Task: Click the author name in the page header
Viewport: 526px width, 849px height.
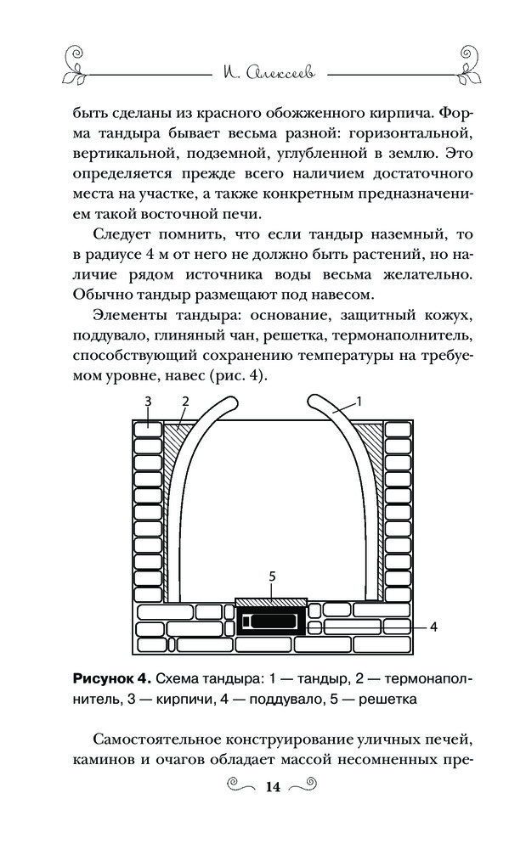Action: (x=263, y=75)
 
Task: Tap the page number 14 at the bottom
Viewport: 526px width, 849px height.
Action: (x=272, y=786)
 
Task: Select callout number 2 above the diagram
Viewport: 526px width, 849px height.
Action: (x=184, y=401)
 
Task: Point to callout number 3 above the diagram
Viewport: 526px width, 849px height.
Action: (x=147, y=401)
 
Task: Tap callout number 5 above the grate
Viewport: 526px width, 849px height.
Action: (x=272, y=576)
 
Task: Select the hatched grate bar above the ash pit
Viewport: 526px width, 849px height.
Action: (x=272, y=600)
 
